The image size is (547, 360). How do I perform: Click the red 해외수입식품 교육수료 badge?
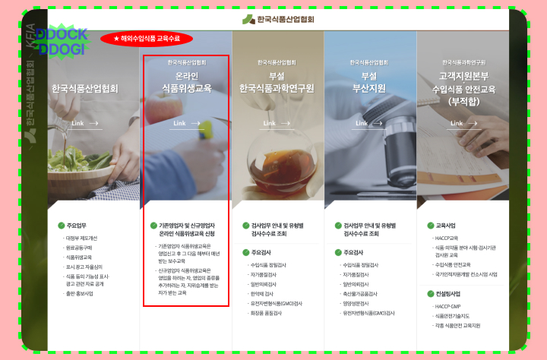tap(147, 38)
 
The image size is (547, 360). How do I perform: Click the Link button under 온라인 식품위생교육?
tap(186, 123)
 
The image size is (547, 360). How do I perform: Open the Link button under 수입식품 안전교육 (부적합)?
tap(462, 123)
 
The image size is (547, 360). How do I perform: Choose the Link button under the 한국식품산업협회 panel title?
tap(84, 123)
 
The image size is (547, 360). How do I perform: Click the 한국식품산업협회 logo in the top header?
tap(279, 19)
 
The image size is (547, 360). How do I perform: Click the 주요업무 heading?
tap(77, 226)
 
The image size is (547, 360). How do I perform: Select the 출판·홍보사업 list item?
tap(78, 293)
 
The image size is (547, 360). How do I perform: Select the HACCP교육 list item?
tap(448, 238)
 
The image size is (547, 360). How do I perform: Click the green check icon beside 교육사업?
tap(430, 226)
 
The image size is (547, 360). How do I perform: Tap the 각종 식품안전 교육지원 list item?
tap(457, 324)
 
